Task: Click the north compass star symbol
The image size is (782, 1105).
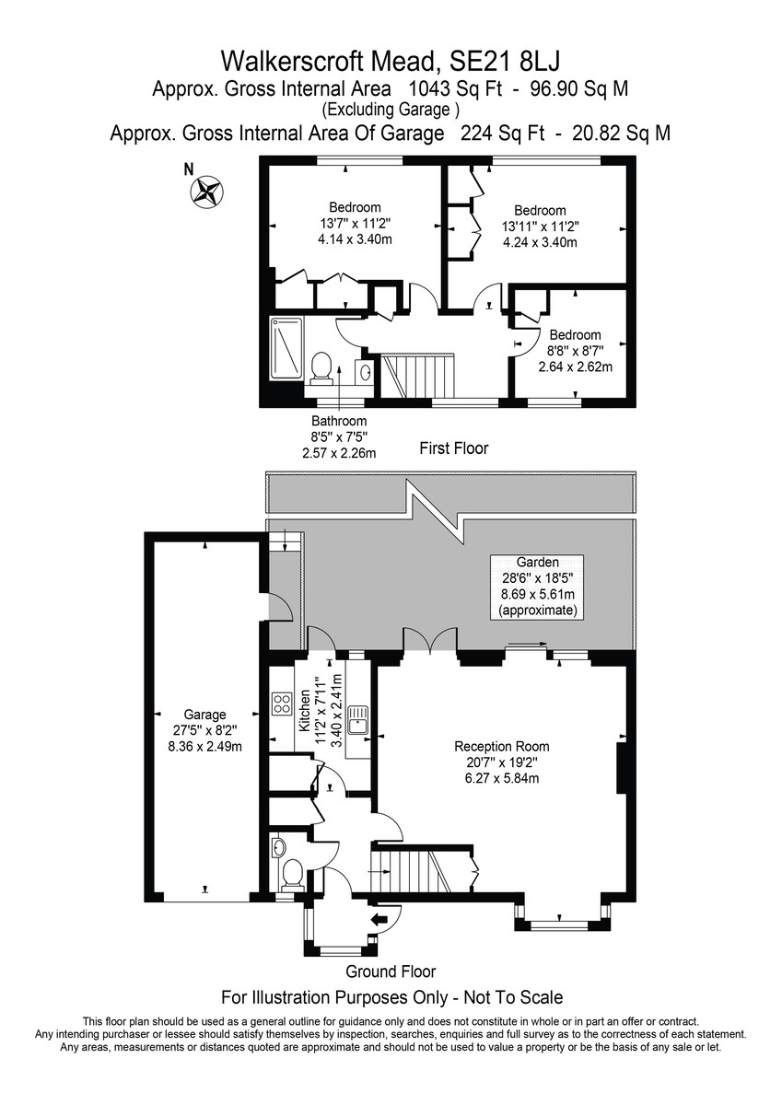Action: tap(206, 191)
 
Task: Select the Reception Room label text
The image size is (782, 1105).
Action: tap(502, 747)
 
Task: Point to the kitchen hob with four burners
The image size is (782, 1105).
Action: tap(282, 704)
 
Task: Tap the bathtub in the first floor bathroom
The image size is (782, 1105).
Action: tap(286, 349)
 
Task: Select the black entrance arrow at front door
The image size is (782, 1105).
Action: tap(378, 919)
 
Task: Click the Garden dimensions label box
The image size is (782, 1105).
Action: tap(537, 587)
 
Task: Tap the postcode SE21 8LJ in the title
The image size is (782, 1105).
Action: tap(504, 62)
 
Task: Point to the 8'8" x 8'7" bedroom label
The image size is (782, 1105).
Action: tap(576, 351)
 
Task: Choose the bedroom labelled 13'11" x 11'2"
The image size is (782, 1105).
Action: tap(540, 227)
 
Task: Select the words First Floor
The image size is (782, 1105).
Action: tap(454, 448)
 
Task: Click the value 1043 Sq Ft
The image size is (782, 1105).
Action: tap(455, 88)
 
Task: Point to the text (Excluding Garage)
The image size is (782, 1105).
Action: tap(391, 110)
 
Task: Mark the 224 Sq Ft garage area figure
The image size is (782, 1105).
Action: tap(502, 134)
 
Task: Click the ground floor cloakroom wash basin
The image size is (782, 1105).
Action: tap(278, 847)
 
